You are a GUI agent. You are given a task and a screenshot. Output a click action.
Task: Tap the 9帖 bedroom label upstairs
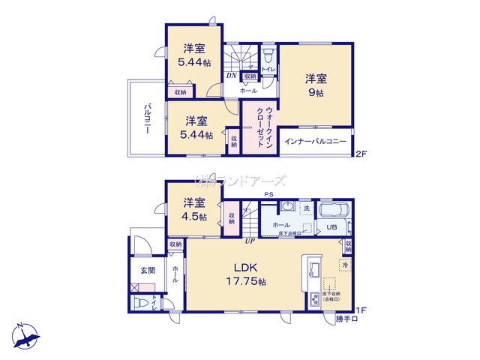coord(316,85)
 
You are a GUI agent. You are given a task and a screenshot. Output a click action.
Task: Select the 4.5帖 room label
coord(194,208)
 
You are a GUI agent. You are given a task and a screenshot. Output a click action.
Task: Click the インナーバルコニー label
coord(315,141)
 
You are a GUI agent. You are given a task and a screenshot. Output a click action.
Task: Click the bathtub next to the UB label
coord(333,211)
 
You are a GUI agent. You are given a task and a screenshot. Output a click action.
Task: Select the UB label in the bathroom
coord(331,227)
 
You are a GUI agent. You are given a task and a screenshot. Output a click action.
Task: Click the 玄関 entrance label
coord(146,271)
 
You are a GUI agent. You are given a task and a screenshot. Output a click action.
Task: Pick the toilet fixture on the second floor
coord(268,52)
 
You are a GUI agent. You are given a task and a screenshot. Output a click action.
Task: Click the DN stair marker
coord(233,76)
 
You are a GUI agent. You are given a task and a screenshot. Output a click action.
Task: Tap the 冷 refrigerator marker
coord(344,264)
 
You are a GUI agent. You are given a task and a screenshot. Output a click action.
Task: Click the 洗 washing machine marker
coord(306,208)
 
